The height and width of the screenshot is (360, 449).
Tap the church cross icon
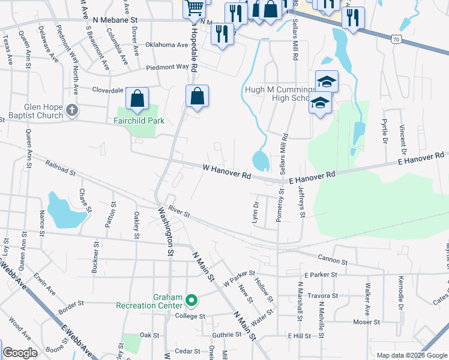tap(73, 110)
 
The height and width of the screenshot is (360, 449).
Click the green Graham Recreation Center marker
tap(191, 299)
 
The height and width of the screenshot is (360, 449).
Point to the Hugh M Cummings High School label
tap(279, 94)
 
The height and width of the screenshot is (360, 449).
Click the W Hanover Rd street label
tap(226, 172)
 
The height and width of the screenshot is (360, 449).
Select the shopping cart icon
tap(194, 8)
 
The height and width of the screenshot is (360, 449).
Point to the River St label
tap(179, 212)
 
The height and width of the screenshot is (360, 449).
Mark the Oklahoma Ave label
tap(167, 45)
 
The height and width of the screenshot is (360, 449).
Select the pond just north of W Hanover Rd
tap(261, 160)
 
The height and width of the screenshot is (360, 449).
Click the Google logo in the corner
tap(20, 353)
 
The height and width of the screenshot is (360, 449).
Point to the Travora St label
tap(324, 296)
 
